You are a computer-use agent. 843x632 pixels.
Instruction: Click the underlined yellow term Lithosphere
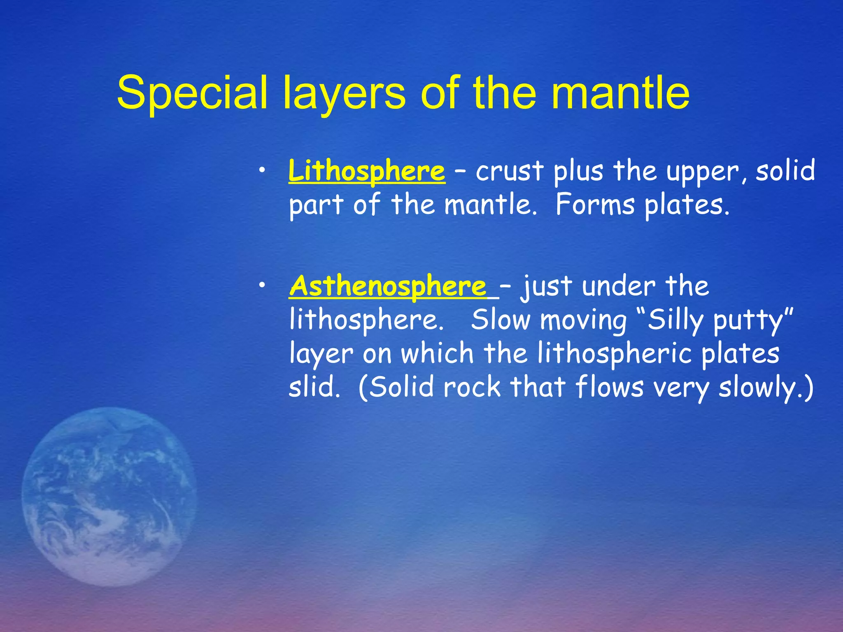point(366,171)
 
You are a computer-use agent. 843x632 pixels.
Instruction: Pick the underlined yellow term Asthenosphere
point(388,286)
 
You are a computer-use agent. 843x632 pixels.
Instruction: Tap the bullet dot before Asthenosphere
point(262,286)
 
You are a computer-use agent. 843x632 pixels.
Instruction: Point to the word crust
point(510,171)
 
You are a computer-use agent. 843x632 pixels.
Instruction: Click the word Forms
point(595,204)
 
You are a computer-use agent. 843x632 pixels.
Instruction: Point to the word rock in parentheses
point(472,387)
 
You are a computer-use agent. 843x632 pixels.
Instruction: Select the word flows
point(609,387)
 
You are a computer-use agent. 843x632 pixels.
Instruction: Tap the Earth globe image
point(109,496)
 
